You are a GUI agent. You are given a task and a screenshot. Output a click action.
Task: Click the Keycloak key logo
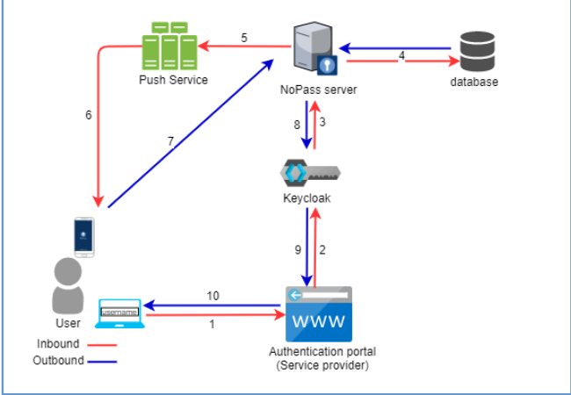[310, 172]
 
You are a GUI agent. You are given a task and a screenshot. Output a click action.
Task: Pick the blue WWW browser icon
[319, 313]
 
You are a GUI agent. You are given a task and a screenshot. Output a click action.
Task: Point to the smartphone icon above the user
[83, 237]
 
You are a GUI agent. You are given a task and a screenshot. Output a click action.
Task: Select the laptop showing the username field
[120, 312]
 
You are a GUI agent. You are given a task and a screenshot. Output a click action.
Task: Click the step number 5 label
[244, 38]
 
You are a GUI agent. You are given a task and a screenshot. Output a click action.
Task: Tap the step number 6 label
[88, 115]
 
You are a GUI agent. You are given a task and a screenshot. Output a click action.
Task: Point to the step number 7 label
[171, 141]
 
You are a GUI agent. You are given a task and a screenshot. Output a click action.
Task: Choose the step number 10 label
[213, 296]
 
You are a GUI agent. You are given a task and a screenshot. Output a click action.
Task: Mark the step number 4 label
[401, 55]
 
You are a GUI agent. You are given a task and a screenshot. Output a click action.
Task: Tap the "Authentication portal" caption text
[318, 353]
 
